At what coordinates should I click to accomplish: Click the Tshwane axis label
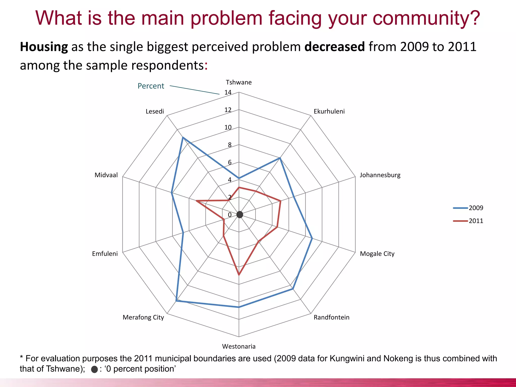click(239, 82)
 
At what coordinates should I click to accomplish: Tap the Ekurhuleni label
click(329, 111)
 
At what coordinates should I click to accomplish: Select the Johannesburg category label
click(380, 175)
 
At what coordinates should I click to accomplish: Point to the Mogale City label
click(377, 254)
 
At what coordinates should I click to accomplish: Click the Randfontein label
click(331, 317)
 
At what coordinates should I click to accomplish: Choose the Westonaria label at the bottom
click(239, 346)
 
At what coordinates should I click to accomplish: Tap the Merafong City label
click(143, 317)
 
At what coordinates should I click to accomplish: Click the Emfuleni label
click(105, 254)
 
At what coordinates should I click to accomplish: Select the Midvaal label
click(106, 175)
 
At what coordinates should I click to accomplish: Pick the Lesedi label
click(155, 111)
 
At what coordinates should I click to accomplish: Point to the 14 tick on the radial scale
click(228, 92)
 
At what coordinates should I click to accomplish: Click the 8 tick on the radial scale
click(230, 145)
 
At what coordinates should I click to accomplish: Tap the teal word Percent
click(151, 86)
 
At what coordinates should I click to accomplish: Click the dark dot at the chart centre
click(240, 215)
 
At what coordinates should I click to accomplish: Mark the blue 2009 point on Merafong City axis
click(176, 301)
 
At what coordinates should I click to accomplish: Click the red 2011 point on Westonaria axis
click(239, 275)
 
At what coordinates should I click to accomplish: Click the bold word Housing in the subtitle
click(44, 47)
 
